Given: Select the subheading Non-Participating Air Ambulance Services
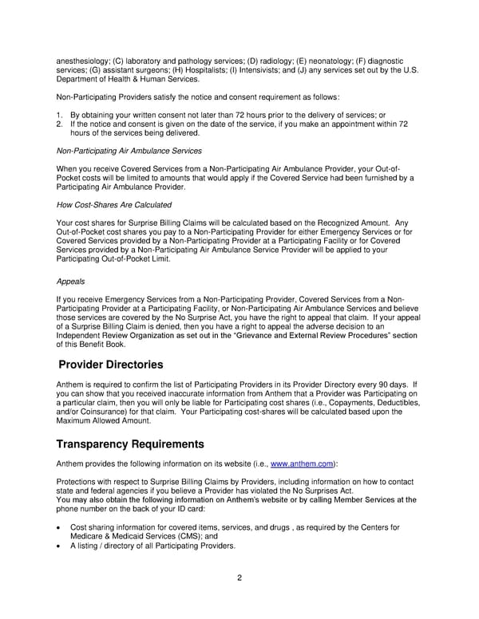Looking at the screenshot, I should pos(129,150).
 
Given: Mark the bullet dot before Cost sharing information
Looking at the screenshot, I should pos(59,528).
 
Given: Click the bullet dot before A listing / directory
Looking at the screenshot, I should pos(59,546).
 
